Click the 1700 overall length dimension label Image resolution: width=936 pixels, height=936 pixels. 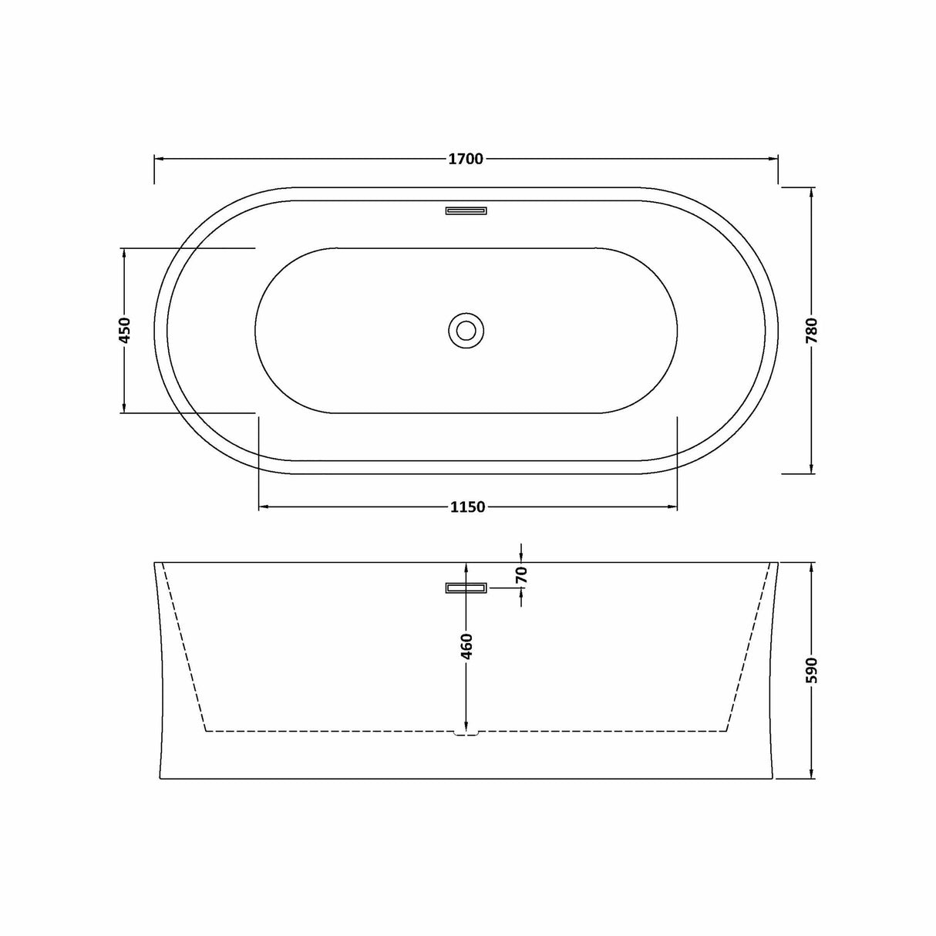pos(466,159)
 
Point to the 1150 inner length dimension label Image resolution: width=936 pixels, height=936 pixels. pos(467,507)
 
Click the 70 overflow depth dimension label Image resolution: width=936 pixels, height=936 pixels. pos(522,574)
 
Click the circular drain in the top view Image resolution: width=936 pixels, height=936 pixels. pos(466,330)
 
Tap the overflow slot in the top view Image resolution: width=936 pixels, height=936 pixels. pos(466,209)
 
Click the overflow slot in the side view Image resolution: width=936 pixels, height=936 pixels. pos(466,588)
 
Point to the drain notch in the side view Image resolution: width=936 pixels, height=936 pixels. pos(466,732)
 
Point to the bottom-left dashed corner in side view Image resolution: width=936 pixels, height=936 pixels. pos(204,729)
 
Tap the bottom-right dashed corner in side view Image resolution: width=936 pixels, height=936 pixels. pos(727,729)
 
